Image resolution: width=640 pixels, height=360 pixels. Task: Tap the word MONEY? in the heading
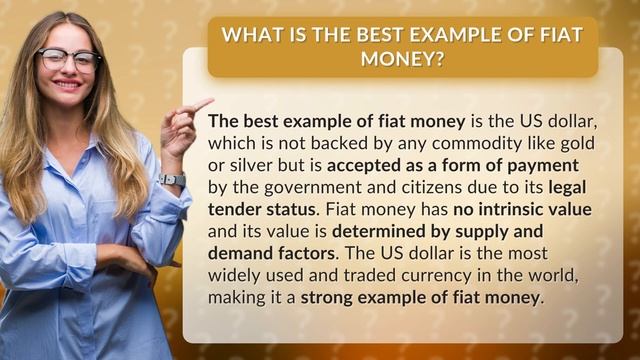point(403,58)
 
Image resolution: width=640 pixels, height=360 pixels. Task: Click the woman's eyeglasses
point(68,59)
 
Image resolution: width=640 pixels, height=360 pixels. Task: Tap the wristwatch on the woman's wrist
point(172,180)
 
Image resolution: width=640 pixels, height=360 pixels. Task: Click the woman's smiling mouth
point(67,85)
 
